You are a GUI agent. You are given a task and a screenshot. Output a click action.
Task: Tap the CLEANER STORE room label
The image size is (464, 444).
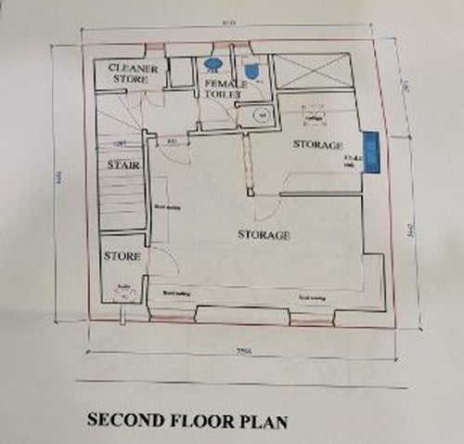135,75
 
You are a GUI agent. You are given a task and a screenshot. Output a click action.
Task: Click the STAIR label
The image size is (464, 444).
122,164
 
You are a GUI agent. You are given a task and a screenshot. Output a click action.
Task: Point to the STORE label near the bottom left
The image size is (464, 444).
121,255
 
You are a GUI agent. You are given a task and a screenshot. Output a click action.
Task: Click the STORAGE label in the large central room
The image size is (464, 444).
264,235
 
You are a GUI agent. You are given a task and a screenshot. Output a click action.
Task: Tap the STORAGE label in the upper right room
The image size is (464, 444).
318,145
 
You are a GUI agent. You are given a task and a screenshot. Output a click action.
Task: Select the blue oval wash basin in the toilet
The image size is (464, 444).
212,65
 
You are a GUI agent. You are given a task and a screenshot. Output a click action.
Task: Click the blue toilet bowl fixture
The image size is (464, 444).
251,71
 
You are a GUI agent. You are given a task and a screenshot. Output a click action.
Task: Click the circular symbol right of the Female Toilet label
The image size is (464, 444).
261,115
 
